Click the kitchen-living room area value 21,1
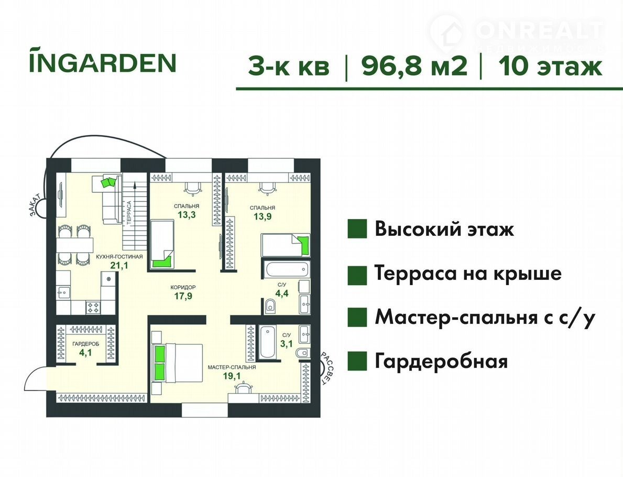119,266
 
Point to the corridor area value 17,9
183,296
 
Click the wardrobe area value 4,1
85,352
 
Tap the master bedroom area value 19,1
232,376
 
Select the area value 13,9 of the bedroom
263,216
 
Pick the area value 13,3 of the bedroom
187,215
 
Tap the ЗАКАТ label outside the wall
36,205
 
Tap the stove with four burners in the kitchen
94,307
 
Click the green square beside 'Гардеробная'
357,361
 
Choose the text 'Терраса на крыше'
468,274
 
